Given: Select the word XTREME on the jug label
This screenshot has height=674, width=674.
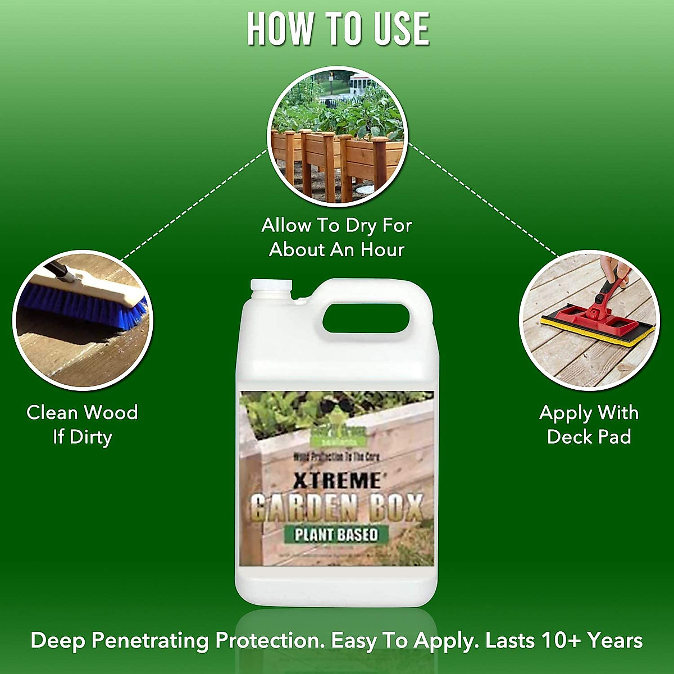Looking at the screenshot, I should pyautogui.click(x=336, y=481).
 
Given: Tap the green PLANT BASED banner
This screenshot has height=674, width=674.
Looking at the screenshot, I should pyautogui.click(x=336, y=534).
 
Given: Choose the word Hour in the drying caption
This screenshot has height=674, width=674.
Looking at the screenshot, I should pyautogui.click(x=382, y=250).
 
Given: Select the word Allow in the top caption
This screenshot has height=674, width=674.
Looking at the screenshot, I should pyautogui.click(x=286, y=226).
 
